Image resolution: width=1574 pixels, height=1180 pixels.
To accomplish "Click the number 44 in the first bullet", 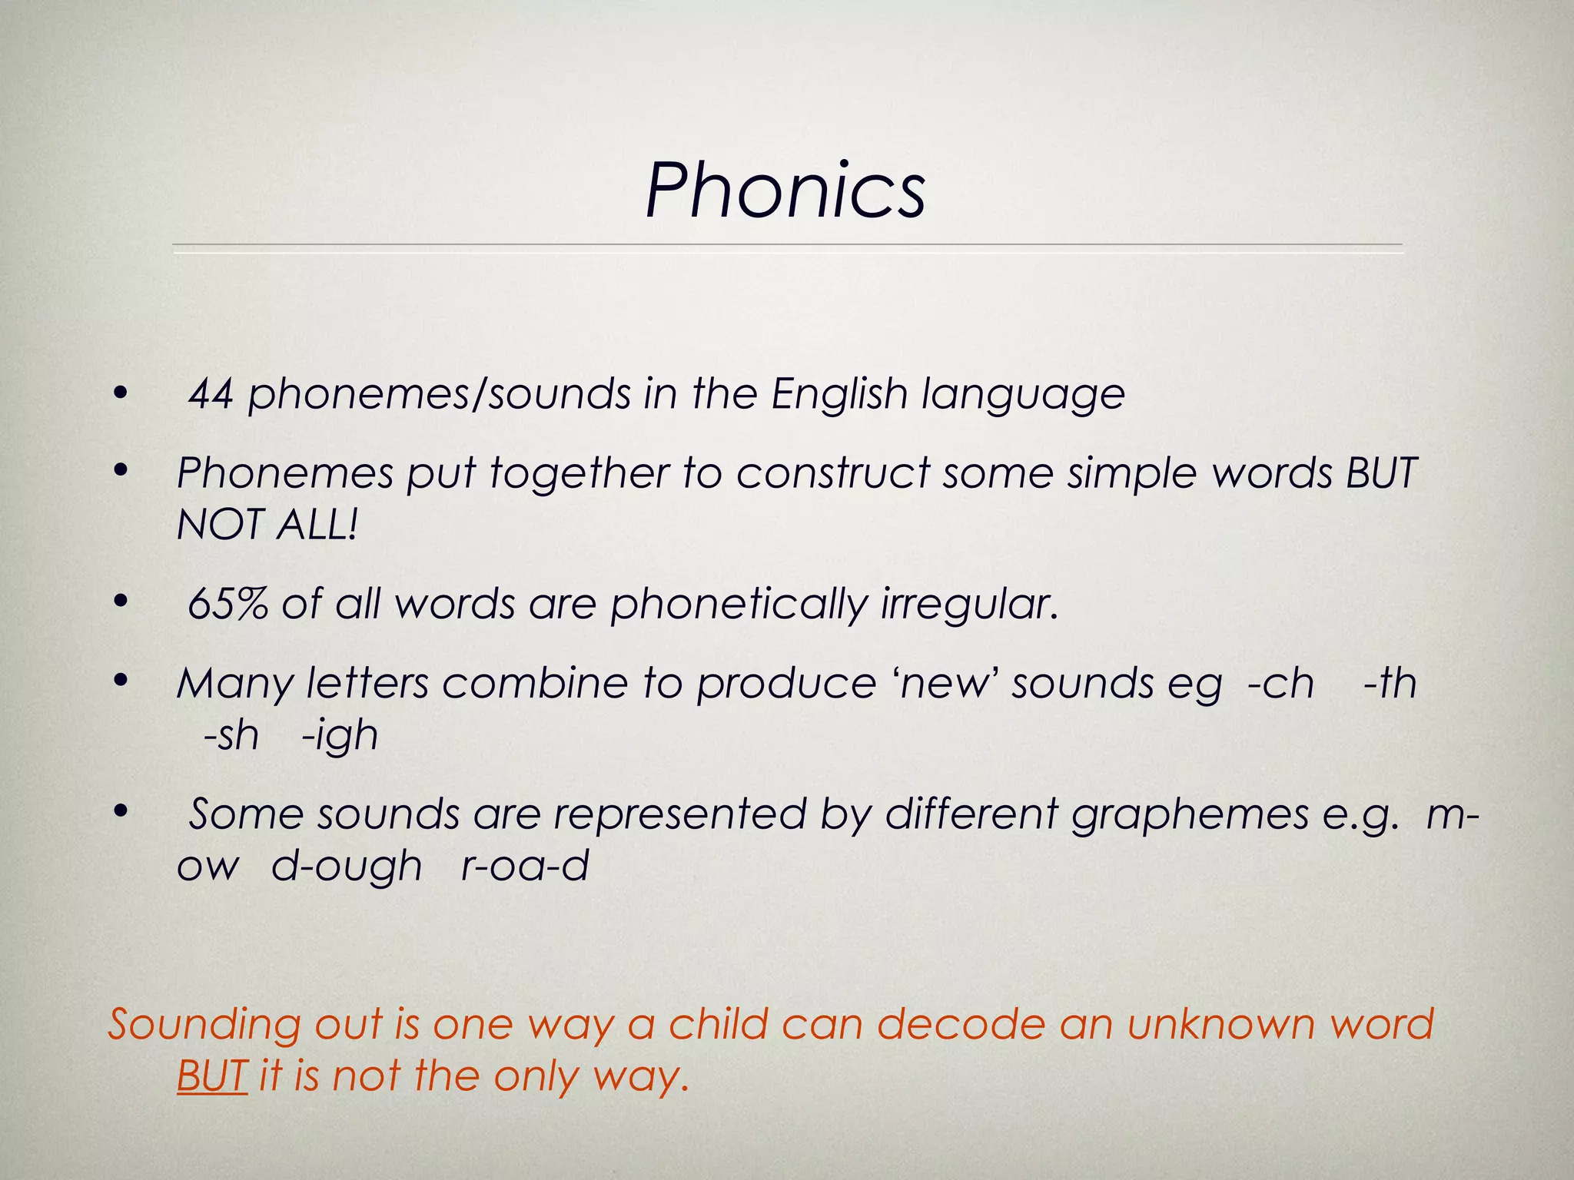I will (x=211, y=394).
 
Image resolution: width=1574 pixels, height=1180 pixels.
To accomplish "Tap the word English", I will (x=839, y=394).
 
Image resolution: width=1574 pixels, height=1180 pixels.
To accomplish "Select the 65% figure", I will (x=227, y=604).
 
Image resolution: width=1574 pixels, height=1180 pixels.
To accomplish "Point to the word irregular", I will (x=969, y=604).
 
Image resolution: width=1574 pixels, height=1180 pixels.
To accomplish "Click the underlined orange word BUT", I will (x=211, y=1076).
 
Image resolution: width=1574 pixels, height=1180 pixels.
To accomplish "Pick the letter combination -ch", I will (x=1281, y=683).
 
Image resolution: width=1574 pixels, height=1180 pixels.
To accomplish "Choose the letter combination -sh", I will (x=231, y=736).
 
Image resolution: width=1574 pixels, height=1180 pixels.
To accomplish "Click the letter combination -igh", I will (x=340, y=736).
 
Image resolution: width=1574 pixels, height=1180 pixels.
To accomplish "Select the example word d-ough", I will (x=347, y=867).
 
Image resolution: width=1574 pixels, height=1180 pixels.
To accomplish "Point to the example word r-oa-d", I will (x=525, y=867).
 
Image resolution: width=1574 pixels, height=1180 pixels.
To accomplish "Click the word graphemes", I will (x=1190, y=814).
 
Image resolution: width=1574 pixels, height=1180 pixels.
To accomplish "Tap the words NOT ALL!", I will (x=267, y=525).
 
